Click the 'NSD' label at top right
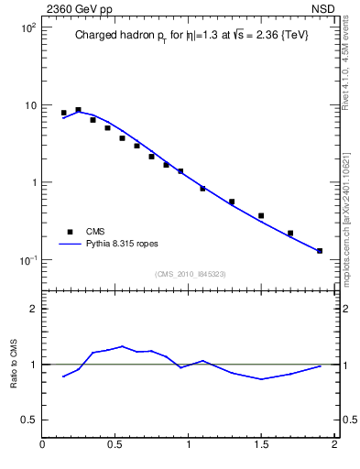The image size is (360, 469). [322, 8]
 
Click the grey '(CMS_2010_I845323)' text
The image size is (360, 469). [190, 274]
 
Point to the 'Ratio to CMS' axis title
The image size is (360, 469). [14, 364]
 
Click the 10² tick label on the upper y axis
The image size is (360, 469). [28, 28]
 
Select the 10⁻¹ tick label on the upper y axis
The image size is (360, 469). [28, 260]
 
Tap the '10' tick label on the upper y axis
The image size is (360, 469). [29, 105]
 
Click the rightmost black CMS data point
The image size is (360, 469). [320, 250]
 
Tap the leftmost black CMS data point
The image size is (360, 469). [64, 113]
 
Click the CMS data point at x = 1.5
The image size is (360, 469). [261, 216]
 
